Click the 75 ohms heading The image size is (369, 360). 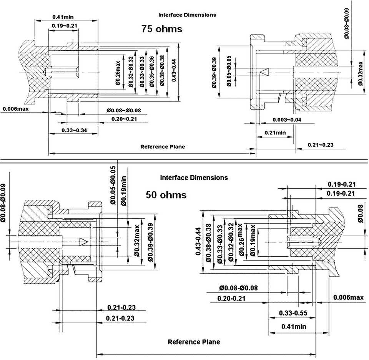(x=161, y=29)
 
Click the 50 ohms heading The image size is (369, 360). (x=166, y=195)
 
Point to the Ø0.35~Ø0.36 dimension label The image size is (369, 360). (x=152, y=71)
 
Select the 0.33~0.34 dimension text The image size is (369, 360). (x=74, y=131)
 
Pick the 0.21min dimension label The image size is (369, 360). (x=275, y=133)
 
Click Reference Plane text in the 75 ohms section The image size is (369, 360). (x=162, y=146)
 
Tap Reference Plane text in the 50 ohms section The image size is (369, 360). (x=194, y=342)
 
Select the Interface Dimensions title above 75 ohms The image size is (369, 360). (x=187, y=15)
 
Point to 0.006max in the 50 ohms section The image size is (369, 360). (x=348, y=297)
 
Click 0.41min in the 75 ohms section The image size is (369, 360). (x=63, y=17)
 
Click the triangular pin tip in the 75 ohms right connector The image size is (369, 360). (x=264, y=72)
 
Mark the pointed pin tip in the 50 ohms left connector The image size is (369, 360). (x=83, y=241)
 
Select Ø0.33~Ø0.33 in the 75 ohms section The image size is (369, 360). (x=142, y=71)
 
